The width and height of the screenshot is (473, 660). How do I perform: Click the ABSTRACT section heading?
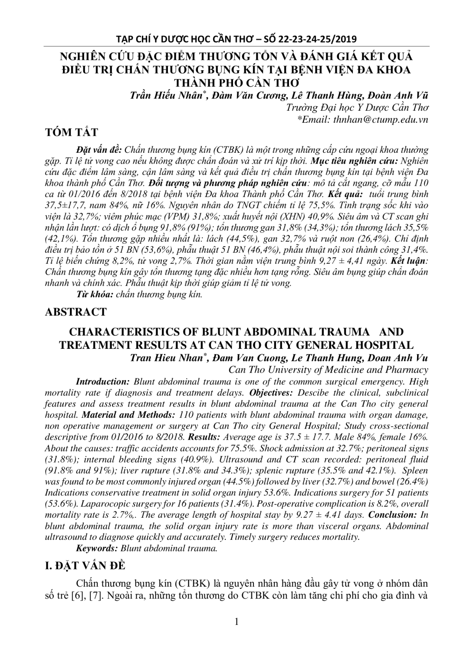coord(76,312)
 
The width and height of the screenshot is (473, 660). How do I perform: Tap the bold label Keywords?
coord(97,548)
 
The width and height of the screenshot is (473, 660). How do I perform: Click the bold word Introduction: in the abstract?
coord(103,381)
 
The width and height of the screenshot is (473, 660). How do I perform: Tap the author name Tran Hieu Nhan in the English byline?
coord(167,358)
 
